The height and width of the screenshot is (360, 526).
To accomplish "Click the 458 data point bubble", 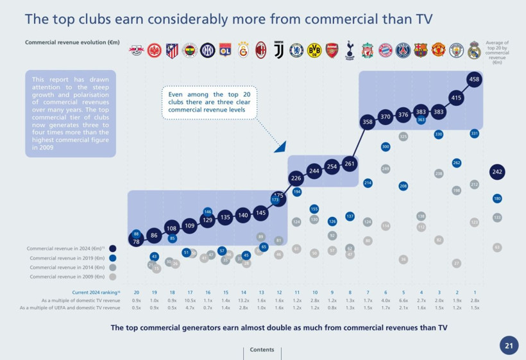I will click(474, 80).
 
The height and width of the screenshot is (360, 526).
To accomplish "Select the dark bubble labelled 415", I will click(456, 98).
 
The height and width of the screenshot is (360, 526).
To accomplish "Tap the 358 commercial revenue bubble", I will click(368, 122).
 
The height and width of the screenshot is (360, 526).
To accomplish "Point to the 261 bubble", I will click(350, 164).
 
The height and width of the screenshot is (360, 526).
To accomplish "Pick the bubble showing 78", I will click(136, 241).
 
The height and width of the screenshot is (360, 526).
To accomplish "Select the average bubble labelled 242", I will click(497, 172).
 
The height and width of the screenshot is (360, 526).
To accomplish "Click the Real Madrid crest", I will click(474, 50).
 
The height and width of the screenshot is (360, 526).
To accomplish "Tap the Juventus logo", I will click(278, 50).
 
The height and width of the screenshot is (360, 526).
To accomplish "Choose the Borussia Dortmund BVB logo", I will click(314, 50).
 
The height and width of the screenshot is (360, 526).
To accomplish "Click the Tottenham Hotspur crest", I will click(350, 50).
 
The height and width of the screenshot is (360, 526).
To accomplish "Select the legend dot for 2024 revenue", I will click(112, 248).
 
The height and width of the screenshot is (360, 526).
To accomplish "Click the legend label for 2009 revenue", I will click(67, 277).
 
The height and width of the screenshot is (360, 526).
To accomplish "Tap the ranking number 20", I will click(136, 292).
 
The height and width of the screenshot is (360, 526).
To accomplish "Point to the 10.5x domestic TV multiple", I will click(190, 300).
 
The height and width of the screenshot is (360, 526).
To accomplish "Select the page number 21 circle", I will click(509, 345).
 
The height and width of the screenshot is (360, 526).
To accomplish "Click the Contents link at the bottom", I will click(262, 350).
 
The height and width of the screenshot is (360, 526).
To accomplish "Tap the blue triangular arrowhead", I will click(280, 147).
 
